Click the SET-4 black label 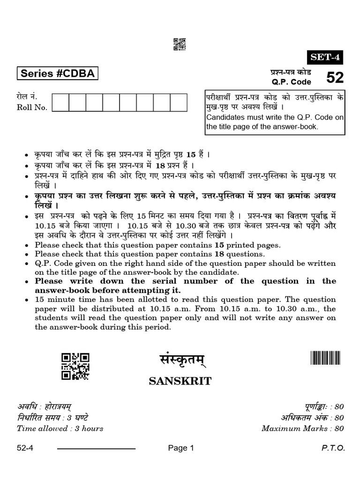pos(324,57)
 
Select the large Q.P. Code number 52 pos(335,77)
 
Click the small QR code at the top pos(180,44)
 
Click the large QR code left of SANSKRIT pos(75,366)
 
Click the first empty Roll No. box pos(60,103)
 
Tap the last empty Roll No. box pos(179,103)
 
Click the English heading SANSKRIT pos(180,381)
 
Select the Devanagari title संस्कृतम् pos(180,362)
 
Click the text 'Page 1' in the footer pos(181,448)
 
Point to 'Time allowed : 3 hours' pos(60,428)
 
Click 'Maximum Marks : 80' pos(303,428)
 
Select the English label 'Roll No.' pos(32,108)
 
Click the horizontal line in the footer pos(96,449)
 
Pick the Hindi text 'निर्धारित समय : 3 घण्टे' pos(52,418)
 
